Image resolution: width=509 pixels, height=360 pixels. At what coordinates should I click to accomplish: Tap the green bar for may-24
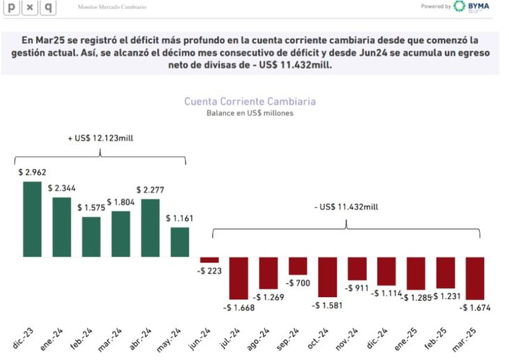pyautogui.click(x=180, y=241)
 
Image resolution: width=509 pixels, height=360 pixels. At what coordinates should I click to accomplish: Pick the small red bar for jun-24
pyautogui.click(x=209, y=260)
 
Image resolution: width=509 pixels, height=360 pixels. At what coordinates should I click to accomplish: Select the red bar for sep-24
pyautogui.click(x=298, y=266)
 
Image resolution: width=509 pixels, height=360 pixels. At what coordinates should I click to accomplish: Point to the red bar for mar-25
pyautogui.click(x=475, y=278)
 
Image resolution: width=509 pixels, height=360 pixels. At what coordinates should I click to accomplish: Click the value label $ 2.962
pyautogui.click(x=32, y=172)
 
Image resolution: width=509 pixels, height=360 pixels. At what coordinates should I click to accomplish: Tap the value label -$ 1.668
pyautogui.click(x=238, y=306)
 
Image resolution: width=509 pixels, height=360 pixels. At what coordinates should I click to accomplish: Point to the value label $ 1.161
pyautogui.click(x=180, y=218)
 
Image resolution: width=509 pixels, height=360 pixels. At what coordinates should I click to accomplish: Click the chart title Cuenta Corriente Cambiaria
pyautogui.click(x=250, y=101)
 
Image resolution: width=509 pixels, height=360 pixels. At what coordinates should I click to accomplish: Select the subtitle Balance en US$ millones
pyautogui.click(x=250, y=113)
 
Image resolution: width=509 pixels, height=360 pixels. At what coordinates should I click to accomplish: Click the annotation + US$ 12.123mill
pyautogui.click(x=100, y=138)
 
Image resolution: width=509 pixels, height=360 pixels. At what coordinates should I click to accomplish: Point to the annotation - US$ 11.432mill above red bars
pyautogui.click(x=347, y=207)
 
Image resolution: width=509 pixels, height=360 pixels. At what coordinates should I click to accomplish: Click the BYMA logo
pyautogui.click(x=471, y=6)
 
